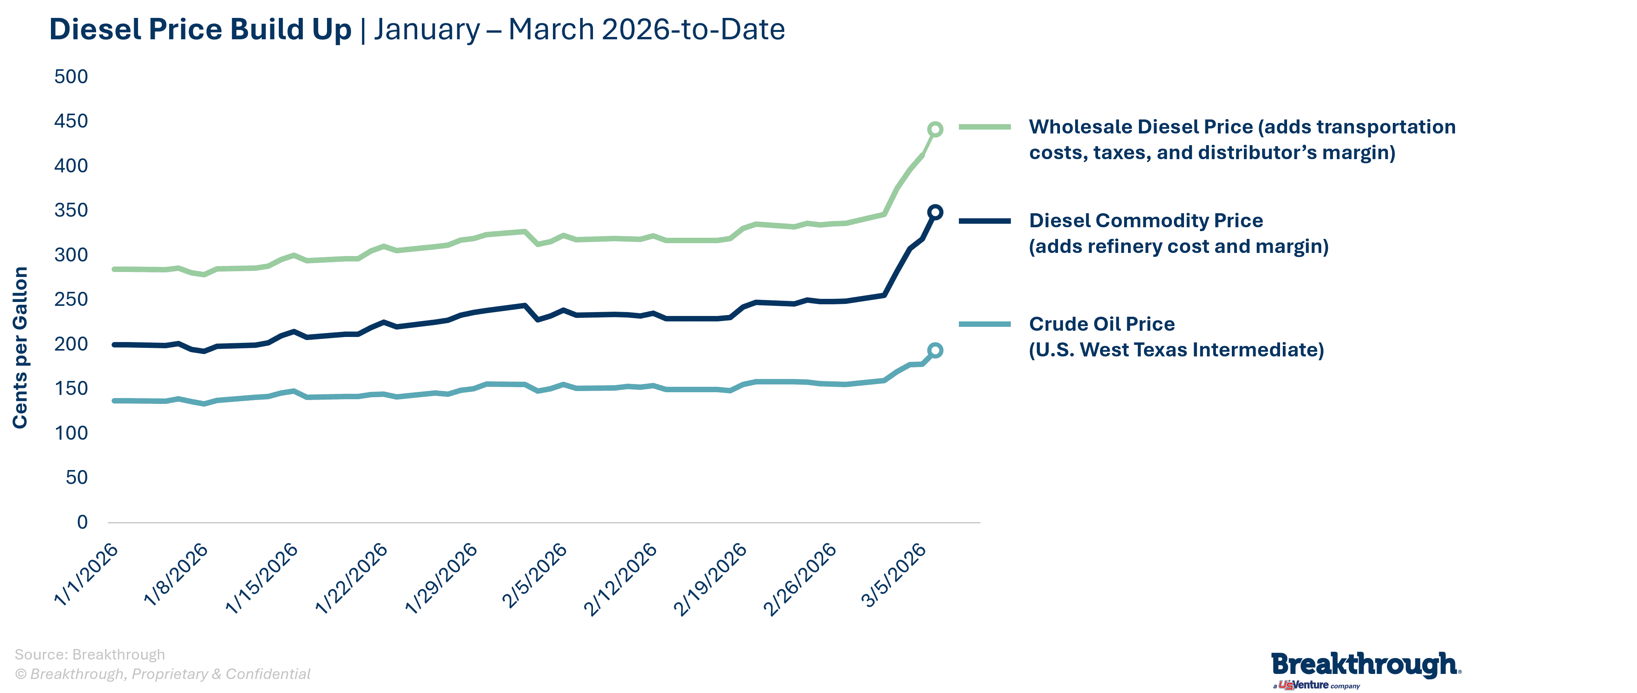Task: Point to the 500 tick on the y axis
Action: point(71,77)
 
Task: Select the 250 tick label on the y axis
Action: point(71,300)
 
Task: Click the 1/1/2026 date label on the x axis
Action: point(86,574)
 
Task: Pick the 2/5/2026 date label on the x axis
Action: point(534,575)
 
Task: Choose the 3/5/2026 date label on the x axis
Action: point(894,575)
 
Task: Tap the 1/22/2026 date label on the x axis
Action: point(352,579)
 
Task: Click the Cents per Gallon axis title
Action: point(20,347)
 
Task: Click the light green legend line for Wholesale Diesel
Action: point(985,127)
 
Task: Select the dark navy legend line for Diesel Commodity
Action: point(985,221)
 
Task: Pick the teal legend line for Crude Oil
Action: point(985,324)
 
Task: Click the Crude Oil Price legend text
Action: point(1175,337)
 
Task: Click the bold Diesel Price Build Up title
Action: point(200,29)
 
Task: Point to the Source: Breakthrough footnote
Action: point(89,654)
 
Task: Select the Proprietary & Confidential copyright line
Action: point(163,674)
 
